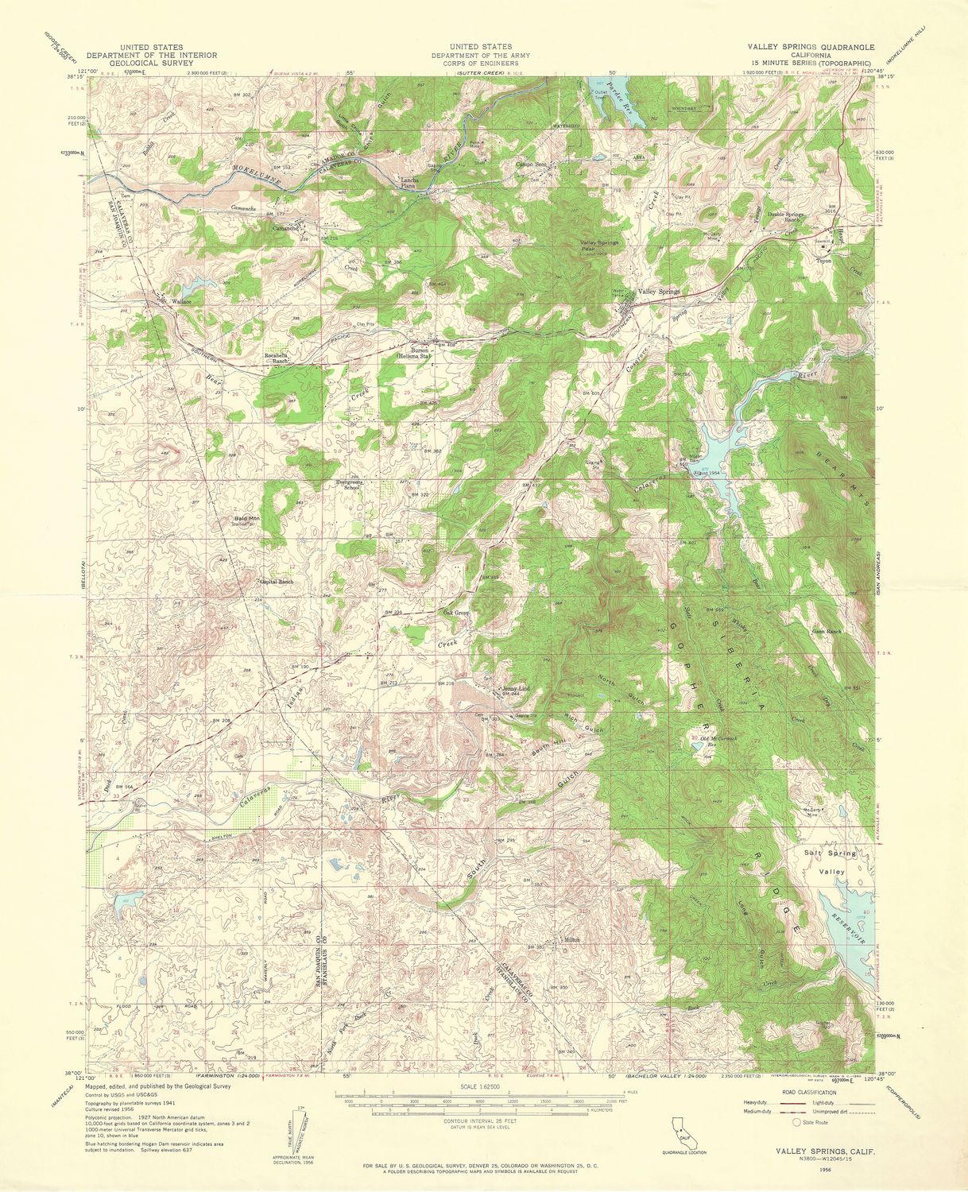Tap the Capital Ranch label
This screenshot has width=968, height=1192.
tap(277, 582)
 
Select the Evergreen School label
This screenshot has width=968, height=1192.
tap(348, 484)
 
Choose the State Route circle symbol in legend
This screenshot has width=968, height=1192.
tap(797, 1122)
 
